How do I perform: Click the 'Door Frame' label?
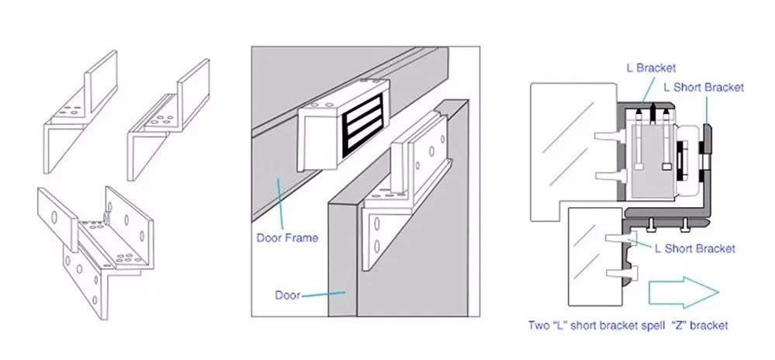(287, 238)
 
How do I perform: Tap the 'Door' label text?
(288, 296)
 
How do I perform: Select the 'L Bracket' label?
(651, 68)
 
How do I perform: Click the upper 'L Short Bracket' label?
(704, 88)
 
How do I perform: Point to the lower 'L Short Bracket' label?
(695, 248)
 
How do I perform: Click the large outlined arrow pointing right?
(683, 292)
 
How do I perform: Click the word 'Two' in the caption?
(538, 325)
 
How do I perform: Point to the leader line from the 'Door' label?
(323, 294)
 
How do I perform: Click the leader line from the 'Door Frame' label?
(280, 205)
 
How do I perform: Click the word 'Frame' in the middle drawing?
(302, 238)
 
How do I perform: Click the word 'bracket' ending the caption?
(709, 325)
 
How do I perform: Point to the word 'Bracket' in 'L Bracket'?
(656, 68)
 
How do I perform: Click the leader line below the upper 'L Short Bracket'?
(706, 110)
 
